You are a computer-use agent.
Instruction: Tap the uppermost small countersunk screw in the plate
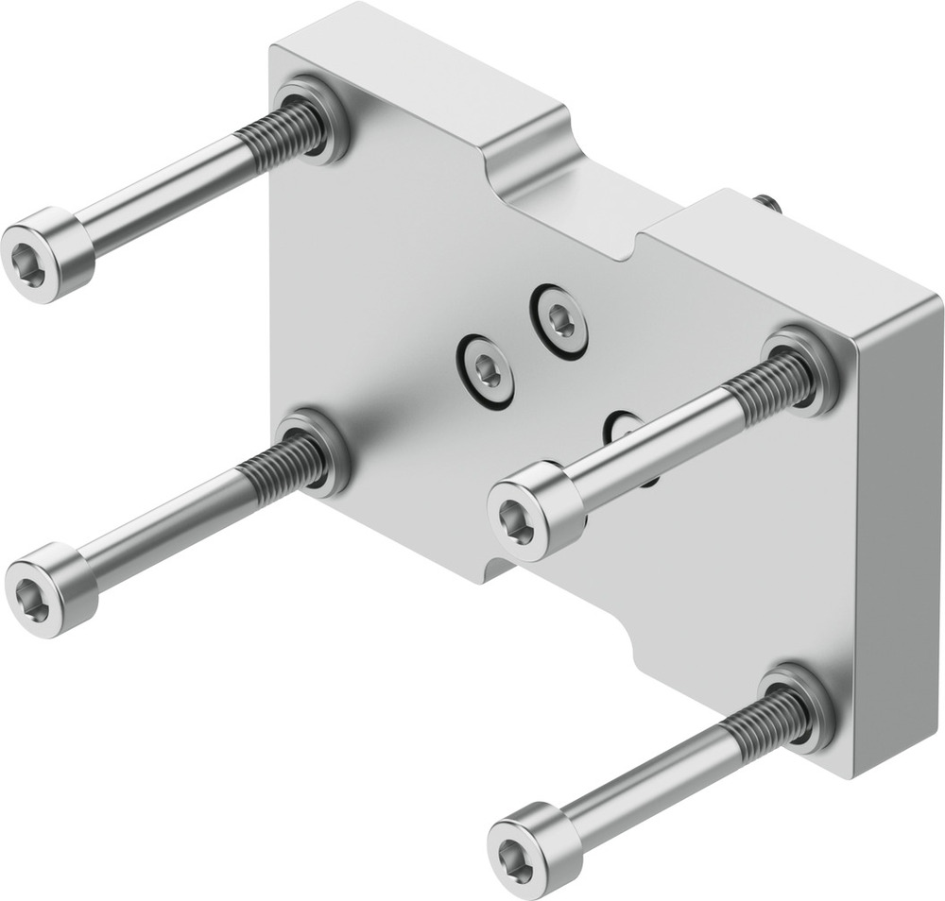(x=561, y=322)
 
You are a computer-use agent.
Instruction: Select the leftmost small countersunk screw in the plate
(x=488, y=372)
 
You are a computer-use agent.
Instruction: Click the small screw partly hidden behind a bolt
(x=623, y=430)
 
